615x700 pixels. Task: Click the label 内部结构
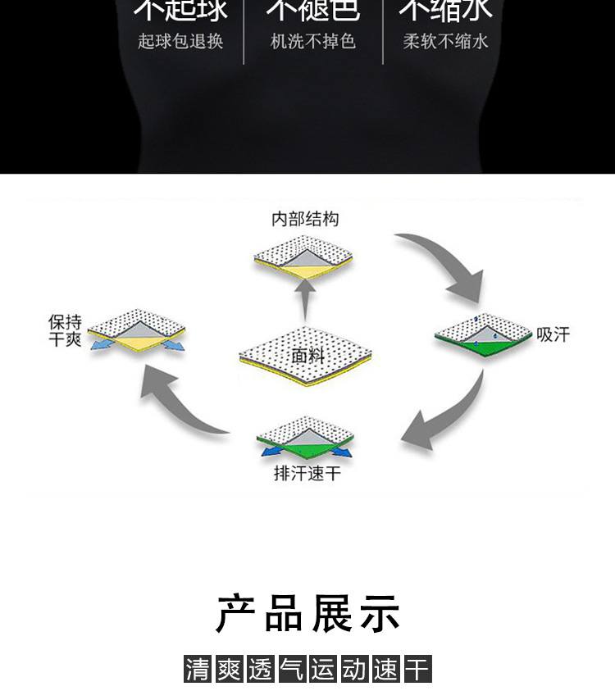(x=305, y=219)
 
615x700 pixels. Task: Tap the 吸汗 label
(x=553, y=334)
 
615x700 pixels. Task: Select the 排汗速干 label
(x=307, y=474)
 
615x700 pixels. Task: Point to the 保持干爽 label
(x=65, y=330)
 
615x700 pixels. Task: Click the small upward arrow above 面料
(x=305, y=299)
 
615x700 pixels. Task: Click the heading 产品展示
(x=307, y=614)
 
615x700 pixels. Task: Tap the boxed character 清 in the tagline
(x=198, y=669)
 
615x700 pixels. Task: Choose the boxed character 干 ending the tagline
(x=417, y=669)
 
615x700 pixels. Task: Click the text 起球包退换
(x=180, y=42)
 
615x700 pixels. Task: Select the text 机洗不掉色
(x=313, y=42)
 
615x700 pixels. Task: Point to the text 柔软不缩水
(x=445, y=42)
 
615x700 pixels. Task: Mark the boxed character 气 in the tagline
(x=292, y=669)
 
